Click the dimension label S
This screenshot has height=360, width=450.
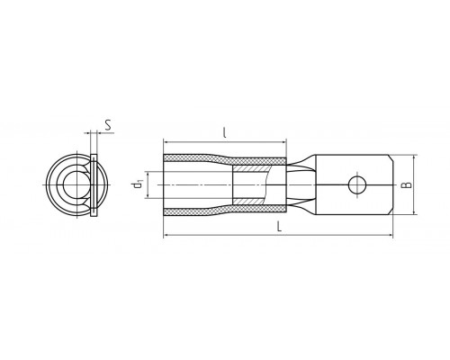(109, 125)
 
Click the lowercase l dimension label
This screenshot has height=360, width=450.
(224, 132)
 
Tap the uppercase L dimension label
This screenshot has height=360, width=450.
(279, 226)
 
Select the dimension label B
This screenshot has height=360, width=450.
(407, 184)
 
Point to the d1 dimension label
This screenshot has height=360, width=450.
(138, 184)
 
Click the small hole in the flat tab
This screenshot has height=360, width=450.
(357, 184)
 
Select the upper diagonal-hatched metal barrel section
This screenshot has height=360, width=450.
(250, 168)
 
